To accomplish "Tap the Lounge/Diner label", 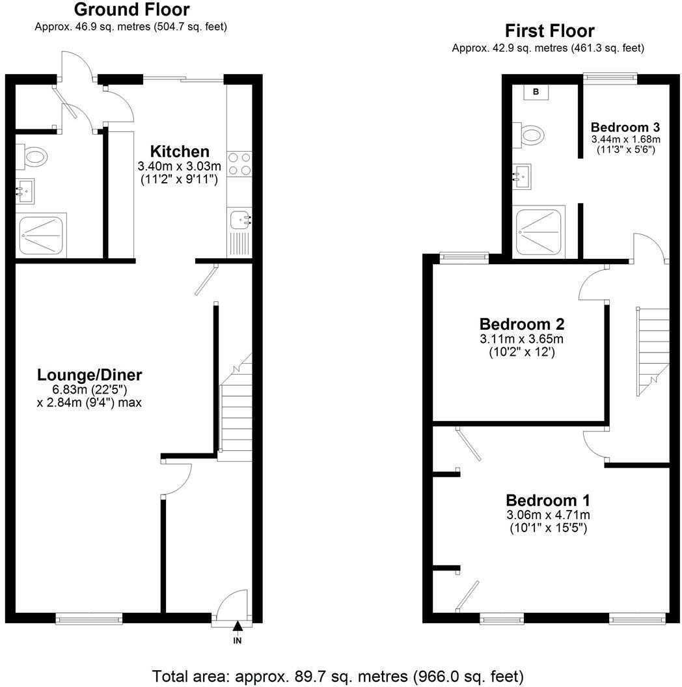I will (x=90, y=375).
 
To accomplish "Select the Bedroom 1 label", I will (x=548, y=500).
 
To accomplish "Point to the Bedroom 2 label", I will (x=521, y=323).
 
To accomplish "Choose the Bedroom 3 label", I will (x=625, y=127).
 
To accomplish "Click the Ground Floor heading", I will (x=131, y=10).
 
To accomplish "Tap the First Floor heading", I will (x=549, y=31).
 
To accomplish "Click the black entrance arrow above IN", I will (x=238, y=626).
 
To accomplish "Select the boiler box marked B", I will (x=536, y=92).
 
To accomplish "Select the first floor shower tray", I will (x=540, y=232).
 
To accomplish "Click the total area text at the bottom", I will (x=338, y=675).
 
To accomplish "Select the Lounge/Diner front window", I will (x=89, y=619).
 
